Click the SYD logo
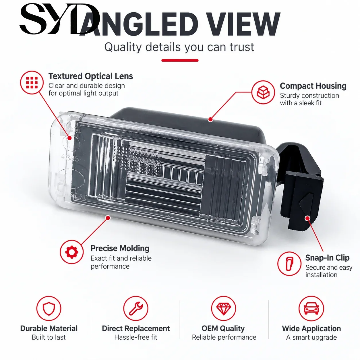59,19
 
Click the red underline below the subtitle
180,60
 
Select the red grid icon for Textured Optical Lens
32,82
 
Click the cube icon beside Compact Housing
263,92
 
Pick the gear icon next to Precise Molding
72,252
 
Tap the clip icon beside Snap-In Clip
289,264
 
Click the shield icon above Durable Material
49,308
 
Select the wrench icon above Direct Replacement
136,308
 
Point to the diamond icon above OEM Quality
224,308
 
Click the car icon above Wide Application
311,308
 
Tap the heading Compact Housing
313,86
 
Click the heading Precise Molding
120,249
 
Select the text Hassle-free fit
136,337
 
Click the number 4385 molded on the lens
70,158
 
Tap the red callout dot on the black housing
210,119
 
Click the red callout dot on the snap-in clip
307,218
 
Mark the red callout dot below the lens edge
108,218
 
